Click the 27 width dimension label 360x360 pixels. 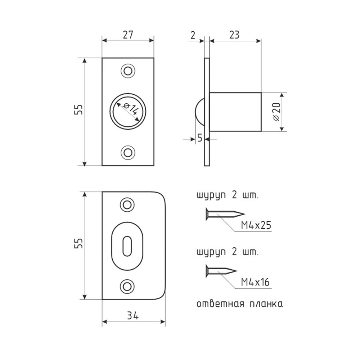coord(128,35)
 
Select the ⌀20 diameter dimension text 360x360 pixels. coord(276,112)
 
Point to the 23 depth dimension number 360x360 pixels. coord(234,35)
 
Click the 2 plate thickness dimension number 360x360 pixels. coord(193,35)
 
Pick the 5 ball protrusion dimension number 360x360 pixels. coord(200,138)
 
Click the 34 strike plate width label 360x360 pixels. coord(133,316)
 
